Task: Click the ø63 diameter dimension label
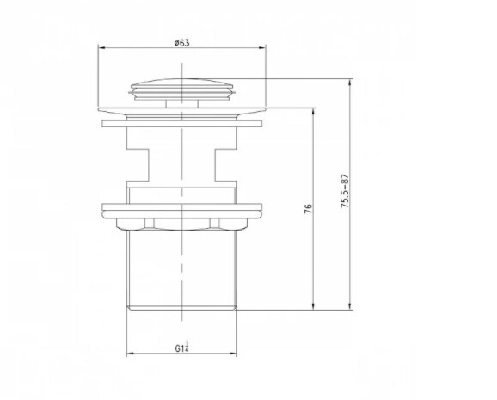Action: pos(181,43)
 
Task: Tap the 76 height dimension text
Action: pos(308,208)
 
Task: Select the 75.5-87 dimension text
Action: pos(345,191)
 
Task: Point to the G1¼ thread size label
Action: pos(182,347)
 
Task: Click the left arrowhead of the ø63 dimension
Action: pos(101,48)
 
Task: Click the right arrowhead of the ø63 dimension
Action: pos(262,48)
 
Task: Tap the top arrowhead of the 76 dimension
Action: pos(314,111)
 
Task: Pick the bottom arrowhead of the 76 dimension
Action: pos(314,306)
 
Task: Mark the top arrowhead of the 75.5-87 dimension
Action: pos(350,83)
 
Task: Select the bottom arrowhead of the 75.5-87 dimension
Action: pos(350,306)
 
